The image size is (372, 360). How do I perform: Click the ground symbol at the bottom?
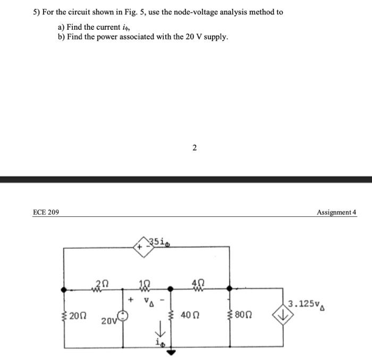pyautogui.click(x=171, y=350)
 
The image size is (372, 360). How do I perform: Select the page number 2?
pyautogui.click(x=195, y=148)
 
